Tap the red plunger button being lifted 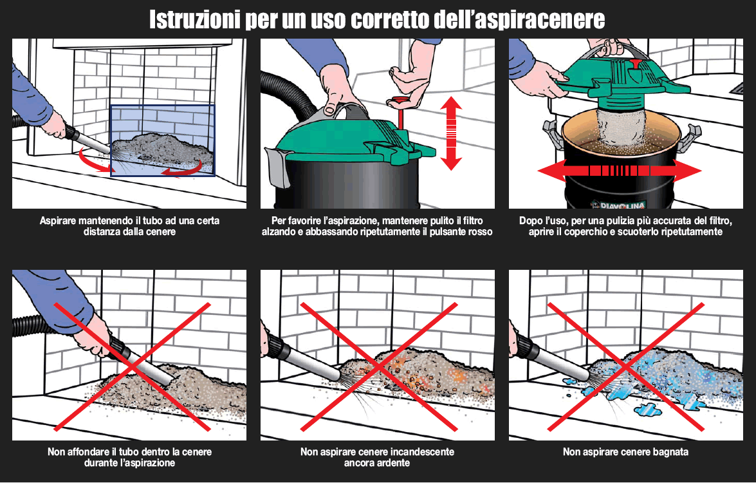400,101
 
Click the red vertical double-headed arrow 451,133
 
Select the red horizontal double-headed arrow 619,171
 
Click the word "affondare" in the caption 89,452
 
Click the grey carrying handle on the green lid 341,109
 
